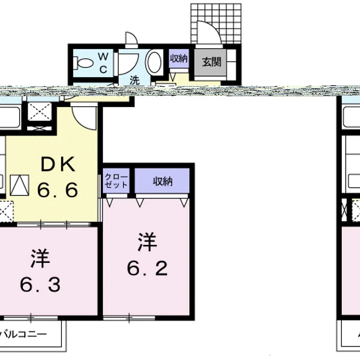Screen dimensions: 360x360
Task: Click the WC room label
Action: tap(103, 62)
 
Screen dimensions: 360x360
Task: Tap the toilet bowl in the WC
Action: tap(84, 63)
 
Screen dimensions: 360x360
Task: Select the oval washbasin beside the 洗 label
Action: tap(154, 62)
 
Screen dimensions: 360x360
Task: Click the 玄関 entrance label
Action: tap(211, 62)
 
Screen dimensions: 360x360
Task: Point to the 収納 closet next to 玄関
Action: tap(179, 59)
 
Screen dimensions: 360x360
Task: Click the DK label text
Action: tap(58, 164)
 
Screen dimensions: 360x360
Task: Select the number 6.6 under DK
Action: tap(58, 190)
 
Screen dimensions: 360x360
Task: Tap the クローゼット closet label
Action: tap(116, 181)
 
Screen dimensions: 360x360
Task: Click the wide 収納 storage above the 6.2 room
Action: tap(162, 181)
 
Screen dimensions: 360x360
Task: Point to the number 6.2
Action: tap(147, 268)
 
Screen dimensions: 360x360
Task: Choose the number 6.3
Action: tap(40, 284)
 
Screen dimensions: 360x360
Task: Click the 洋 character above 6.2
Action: tap(147, 242)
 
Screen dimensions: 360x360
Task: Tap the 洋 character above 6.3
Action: tap(40, 259)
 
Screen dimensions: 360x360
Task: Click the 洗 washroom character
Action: tap(135, 80)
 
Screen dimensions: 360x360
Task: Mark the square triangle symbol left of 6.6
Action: tap(20, 185)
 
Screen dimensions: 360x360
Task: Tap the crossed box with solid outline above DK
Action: tap(40, 111)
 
